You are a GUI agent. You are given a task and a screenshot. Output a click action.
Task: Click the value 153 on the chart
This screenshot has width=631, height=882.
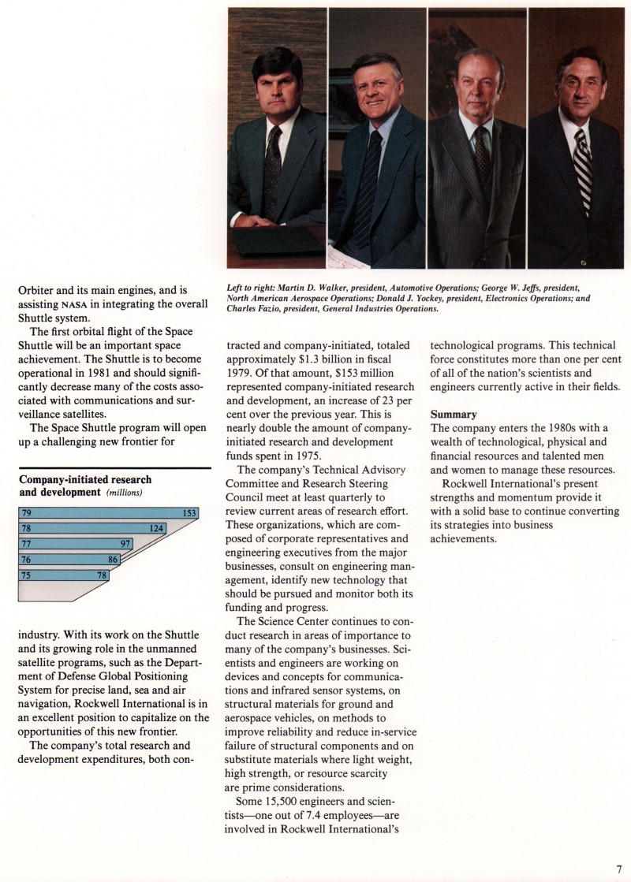tap(189, 513)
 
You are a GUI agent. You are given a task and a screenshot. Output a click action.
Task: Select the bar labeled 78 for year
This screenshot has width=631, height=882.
tap(91, 528)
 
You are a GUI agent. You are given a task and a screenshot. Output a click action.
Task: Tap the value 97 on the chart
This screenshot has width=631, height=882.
tap(125, 544)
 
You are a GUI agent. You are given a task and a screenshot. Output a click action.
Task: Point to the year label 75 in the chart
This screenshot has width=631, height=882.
tap(25, 575)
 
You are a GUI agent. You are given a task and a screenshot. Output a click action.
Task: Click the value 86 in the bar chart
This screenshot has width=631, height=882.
tap(114, 560)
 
